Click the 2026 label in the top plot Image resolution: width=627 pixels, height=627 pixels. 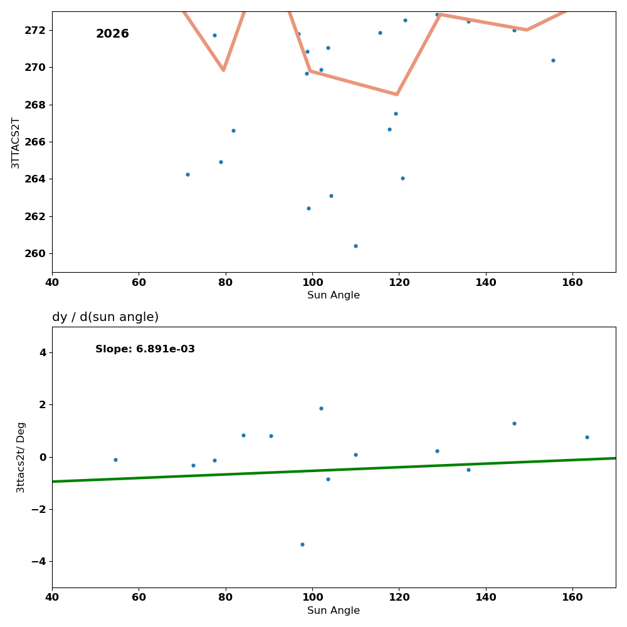[112, 34]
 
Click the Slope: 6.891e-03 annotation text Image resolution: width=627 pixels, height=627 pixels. [145, 349]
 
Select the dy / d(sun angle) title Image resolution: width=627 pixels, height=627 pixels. [105, 317]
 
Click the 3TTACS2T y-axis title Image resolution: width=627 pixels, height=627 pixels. [16, 142]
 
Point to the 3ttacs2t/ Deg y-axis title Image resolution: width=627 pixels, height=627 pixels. [21, 457]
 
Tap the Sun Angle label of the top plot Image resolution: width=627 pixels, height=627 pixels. [334, 295]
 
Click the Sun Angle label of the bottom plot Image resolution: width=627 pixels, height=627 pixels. [334, 611]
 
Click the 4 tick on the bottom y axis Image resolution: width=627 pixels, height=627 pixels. [43, 352]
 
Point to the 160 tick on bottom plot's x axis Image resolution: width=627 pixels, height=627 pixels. [572, 597]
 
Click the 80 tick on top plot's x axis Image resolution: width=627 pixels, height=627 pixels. [226, 282]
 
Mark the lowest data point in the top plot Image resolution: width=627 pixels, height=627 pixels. [356, 246]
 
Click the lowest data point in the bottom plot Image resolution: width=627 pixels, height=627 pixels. [302, 544]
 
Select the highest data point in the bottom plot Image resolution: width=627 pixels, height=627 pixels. [321, 408]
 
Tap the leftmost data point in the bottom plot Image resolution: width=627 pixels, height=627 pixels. [115, 460]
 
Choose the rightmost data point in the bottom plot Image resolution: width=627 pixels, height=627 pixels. [587, 437]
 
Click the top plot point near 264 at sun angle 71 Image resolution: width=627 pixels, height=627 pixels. [187, 174]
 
